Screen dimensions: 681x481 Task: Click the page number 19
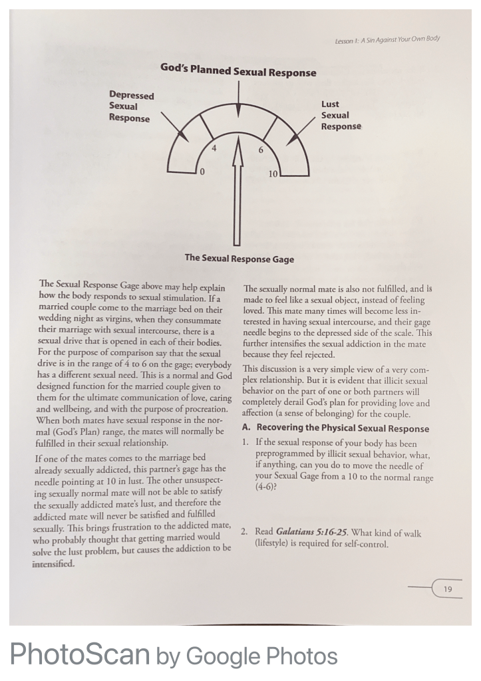click(448, 589)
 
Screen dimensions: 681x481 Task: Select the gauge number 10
click(273, 174)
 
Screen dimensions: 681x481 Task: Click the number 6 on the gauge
click(261, 150)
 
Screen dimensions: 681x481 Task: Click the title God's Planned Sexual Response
click(238, 71)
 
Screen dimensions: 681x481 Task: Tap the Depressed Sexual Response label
click(131, 106)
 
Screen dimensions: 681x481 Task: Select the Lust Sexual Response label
click(341, 115)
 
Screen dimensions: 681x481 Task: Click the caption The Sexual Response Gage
click(239, 258)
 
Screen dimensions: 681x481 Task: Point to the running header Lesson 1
click(387, 39)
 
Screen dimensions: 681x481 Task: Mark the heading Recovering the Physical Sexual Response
click(343, 429)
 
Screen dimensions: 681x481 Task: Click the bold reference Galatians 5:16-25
click(307, 533)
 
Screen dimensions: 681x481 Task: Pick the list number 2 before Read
click(245, 533)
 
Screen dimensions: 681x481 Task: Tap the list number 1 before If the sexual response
click(245, 442)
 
